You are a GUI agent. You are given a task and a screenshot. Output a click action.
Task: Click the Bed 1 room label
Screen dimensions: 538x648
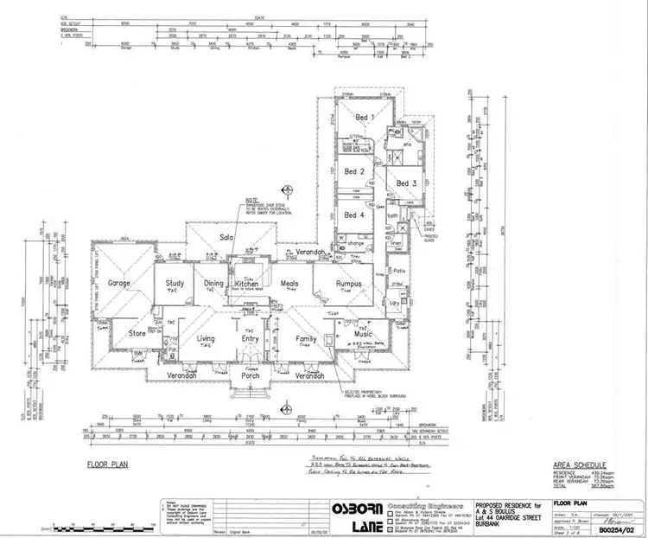[362, 117]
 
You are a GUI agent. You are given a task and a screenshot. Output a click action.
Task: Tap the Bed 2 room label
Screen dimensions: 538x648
[355, 172]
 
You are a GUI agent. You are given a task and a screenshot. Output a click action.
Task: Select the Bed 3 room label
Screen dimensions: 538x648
[407, 183]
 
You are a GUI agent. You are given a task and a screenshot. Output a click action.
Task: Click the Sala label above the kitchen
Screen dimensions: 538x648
[228, 237]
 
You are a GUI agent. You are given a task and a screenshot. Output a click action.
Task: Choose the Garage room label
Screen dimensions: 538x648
[119, 283]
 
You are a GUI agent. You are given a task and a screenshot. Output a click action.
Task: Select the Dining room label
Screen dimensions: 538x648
[213, 283]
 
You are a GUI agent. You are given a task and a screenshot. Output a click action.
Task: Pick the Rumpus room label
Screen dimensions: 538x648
[349, 283]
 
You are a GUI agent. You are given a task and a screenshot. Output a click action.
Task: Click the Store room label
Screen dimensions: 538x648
[137, 332]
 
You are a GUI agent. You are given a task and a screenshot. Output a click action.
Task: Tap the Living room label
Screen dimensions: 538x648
[206, 339]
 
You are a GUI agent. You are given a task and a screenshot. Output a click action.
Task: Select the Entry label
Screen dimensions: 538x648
[251, 339]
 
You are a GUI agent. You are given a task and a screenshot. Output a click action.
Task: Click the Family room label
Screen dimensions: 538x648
[307, 339]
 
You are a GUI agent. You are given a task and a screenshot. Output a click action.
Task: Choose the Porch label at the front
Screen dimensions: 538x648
[251, 376]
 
